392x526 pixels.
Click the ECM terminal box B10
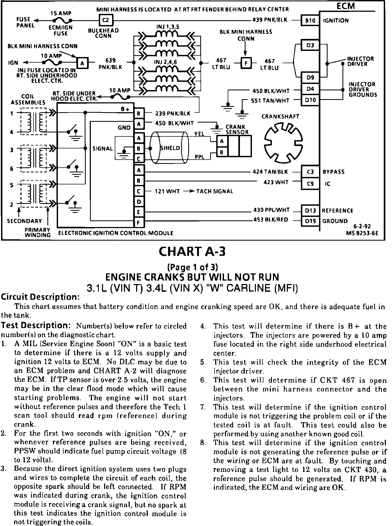[x=310, y=21]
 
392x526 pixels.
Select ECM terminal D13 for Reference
[x=310, y=211]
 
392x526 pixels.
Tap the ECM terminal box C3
[x=310, y=172]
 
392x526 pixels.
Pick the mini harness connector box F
[x=246, y=63]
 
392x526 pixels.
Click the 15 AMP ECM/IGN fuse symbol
[x=62, y=20]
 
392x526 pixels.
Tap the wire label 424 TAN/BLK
[x=270, y=172]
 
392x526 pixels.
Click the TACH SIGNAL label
[x=215, y=191]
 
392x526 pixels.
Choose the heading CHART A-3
[x=192, y=251]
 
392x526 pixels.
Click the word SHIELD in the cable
[x=170, y=148]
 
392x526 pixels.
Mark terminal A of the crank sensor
[x=222, y=141]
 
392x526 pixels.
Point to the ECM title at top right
[x=345, y=6]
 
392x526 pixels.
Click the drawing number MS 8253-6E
[x=362, y=233]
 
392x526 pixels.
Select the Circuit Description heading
[x=40, y=297]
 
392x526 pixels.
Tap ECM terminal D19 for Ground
[x=310, y=221]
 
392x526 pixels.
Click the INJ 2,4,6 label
[x=165, y=62]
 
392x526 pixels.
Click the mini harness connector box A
[x=82, y=63]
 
